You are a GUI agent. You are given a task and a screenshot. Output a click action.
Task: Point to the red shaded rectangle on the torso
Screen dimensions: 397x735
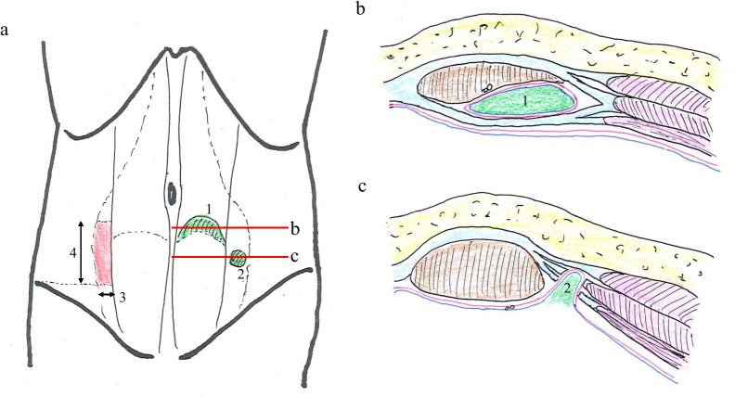click(102, 252)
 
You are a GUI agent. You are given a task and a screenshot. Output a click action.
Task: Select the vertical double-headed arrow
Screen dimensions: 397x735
click(83, 251)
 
